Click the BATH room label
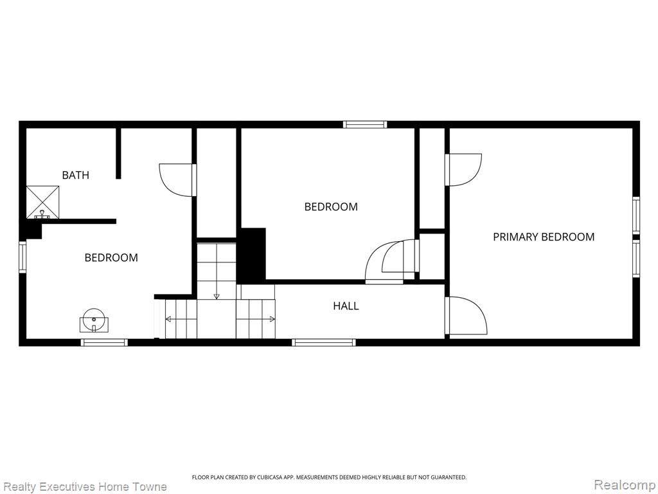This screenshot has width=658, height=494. tap(76, 175)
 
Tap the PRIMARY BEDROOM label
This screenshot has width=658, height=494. tap(544, 237)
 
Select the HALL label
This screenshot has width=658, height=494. tap(346, 306)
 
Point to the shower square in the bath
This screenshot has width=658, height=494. tap(43, 202)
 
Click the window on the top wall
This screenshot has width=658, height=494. tap(365, 124)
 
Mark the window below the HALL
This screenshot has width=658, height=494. tap(324, 342)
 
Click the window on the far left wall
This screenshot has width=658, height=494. tap(22, 257)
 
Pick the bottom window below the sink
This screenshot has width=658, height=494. tap(104, 342)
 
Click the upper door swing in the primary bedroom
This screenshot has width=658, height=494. tap(463, 170)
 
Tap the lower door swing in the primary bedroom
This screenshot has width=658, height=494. tap(466, 315)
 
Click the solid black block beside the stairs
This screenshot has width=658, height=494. tap(252, 255)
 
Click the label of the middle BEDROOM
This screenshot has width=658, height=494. tap(331, 206)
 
